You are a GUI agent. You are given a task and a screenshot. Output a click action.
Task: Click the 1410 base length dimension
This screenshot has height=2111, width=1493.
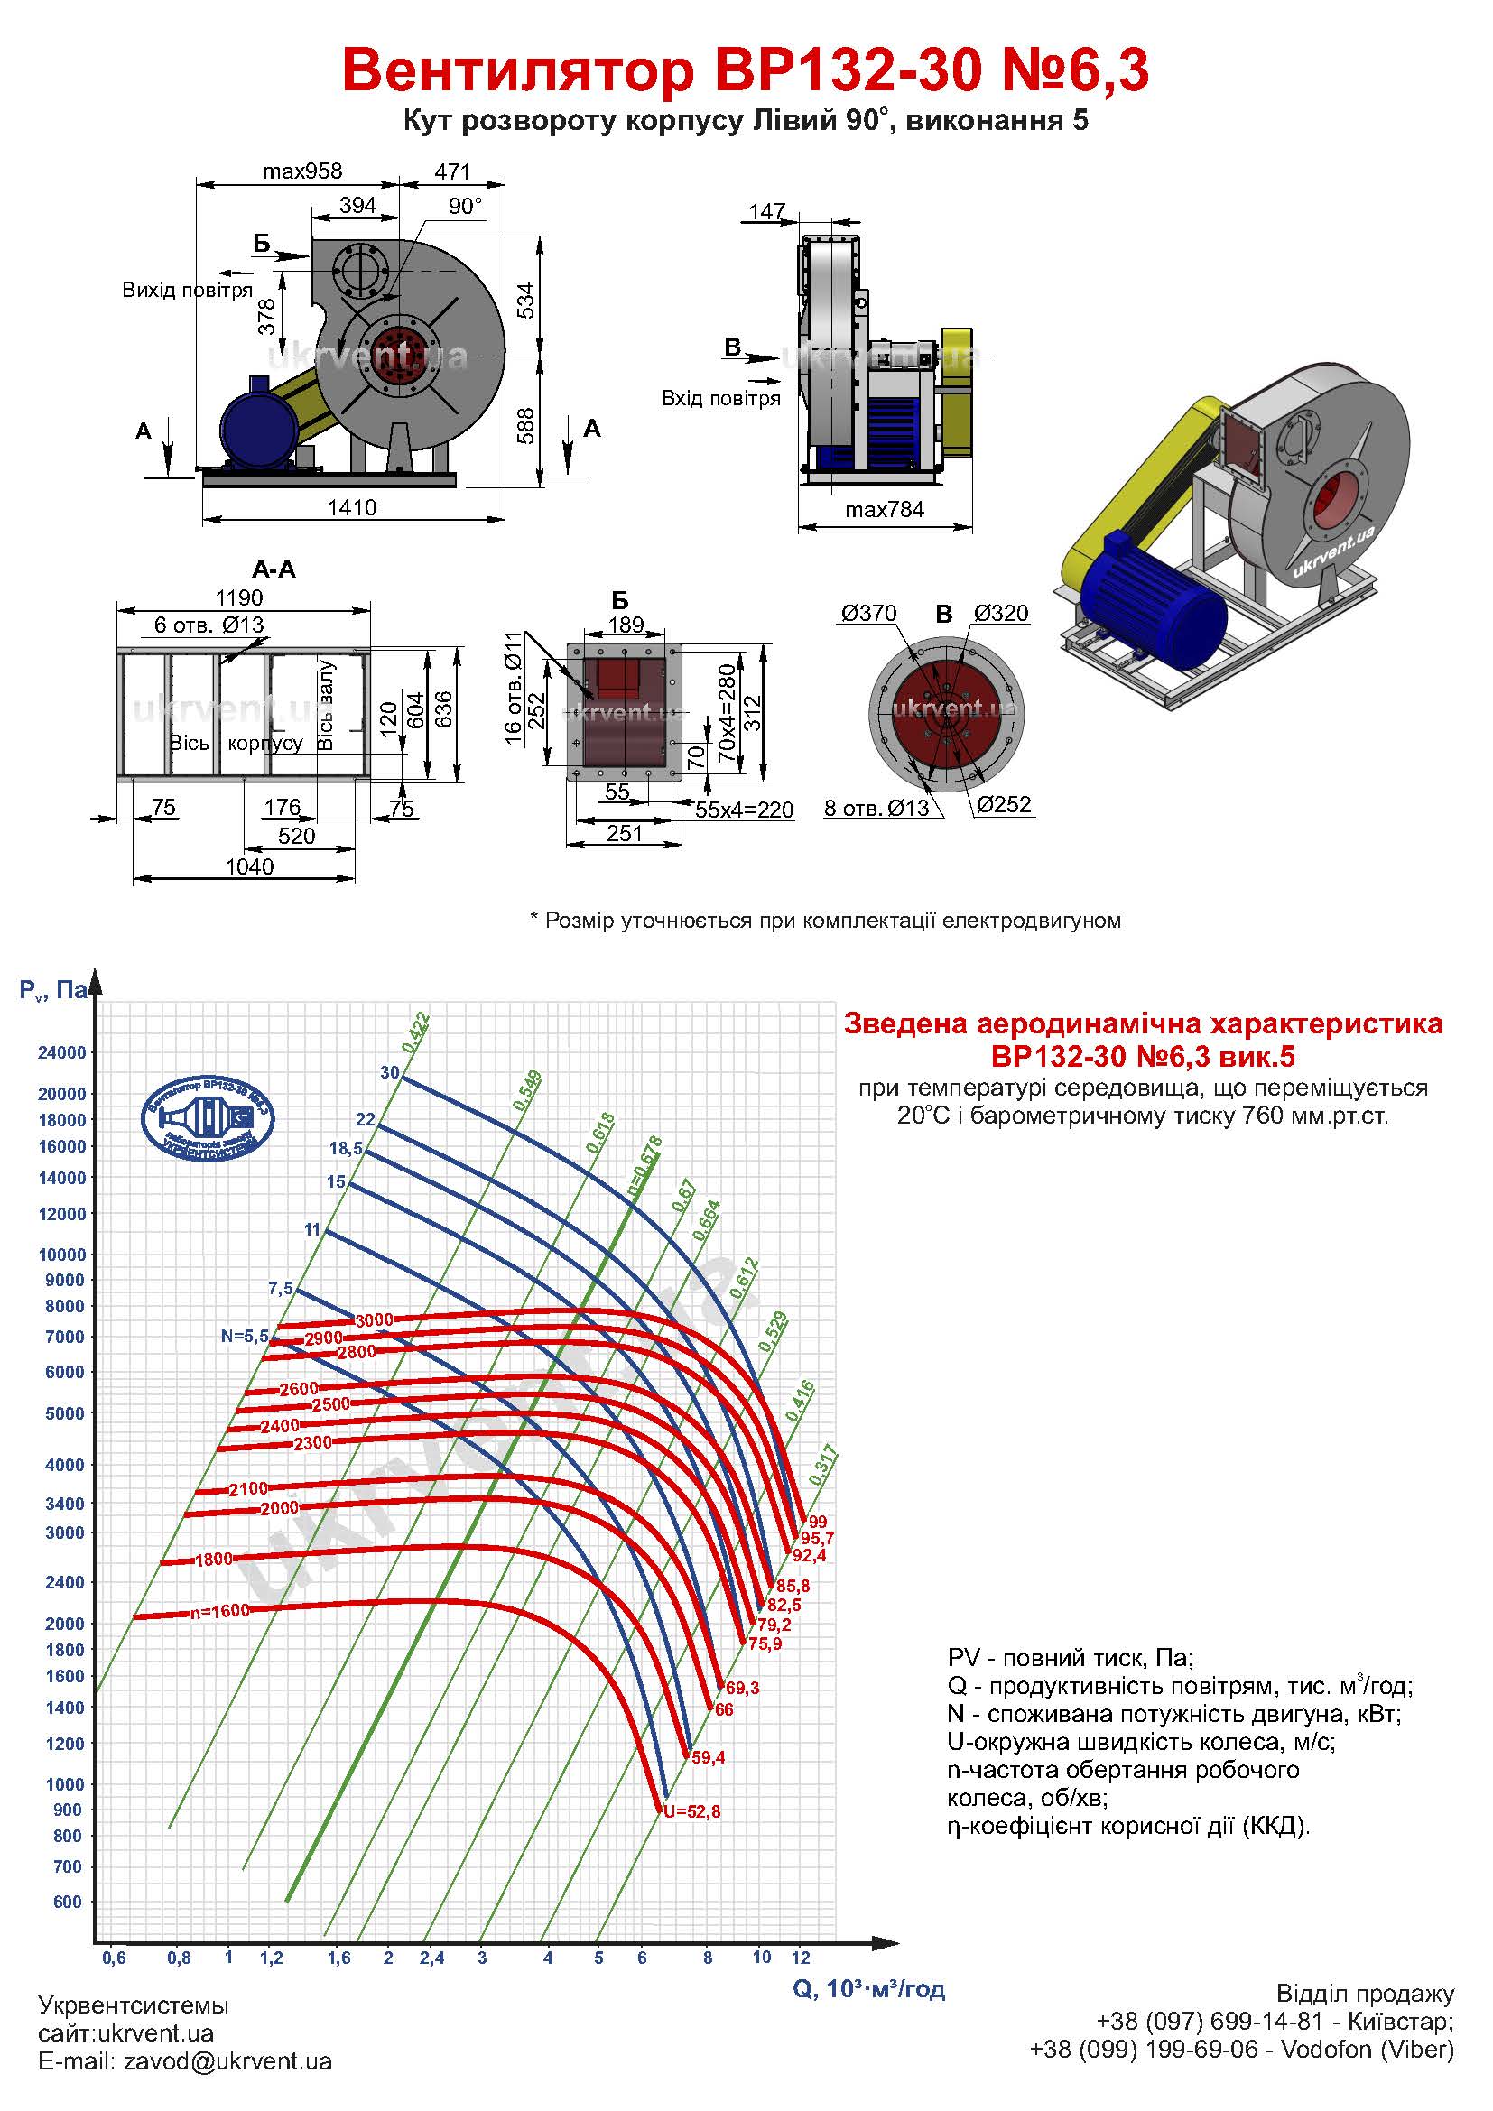click(352, 507)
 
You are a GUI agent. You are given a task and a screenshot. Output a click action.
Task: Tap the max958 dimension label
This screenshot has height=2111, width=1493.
click(301, 171)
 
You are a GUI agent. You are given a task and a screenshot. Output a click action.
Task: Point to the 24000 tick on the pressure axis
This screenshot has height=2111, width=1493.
click(61, 1052)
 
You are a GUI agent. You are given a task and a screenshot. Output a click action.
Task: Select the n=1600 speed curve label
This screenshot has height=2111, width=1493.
click(219, 1612)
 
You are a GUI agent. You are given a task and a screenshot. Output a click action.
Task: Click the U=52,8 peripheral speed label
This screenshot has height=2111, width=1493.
click(692, 1811)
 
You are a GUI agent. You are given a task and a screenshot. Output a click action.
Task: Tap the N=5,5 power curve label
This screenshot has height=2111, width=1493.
click(245, 1336)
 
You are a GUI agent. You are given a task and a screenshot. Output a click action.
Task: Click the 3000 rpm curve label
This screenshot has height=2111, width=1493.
click(375, 1319)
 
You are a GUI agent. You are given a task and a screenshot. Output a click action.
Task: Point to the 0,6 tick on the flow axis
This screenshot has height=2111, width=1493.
click(114, 1958)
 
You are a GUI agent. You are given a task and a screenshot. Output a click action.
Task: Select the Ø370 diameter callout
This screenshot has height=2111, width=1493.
click(868, 613)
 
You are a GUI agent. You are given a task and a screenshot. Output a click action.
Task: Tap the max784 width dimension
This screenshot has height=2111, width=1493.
click(885, 509)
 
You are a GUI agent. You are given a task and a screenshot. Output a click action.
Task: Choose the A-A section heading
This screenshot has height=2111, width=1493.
click(274, 569)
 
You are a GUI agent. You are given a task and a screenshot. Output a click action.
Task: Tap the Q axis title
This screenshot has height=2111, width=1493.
click(868, 1989)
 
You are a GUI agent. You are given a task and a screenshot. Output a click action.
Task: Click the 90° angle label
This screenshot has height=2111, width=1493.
click(465, 206)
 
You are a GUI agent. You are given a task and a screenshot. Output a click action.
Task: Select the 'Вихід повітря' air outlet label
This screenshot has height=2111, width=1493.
click(188, 291)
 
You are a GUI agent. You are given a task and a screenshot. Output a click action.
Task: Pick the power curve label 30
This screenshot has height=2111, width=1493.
click(390, 1072)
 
